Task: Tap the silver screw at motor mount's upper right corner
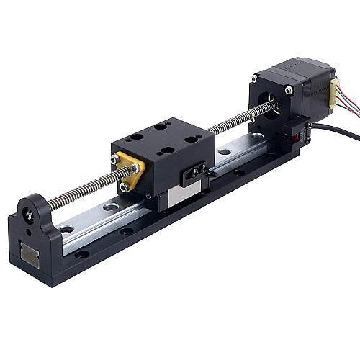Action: [x=288, y=90]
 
